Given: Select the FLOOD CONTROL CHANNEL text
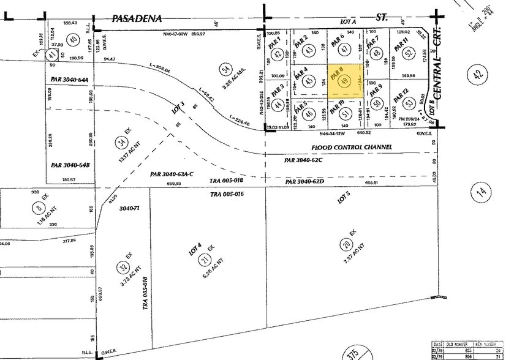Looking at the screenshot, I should click(351, 148).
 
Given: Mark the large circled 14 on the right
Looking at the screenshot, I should click(481, 192).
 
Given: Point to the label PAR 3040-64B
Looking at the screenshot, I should click(70, 165).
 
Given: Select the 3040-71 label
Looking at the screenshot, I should click(130, 208).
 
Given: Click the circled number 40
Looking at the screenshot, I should click(74, 40).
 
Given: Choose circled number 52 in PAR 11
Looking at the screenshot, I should click(407, 54).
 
